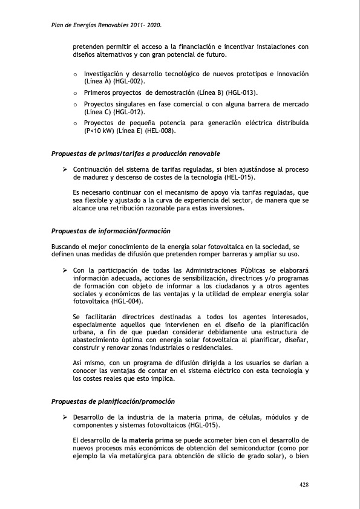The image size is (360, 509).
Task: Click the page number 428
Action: tap(304, 485)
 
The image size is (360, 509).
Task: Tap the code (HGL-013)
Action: tap(241, 92)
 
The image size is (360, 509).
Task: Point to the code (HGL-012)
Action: tap(131, 112)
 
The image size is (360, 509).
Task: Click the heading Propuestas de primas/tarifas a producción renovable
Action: tap(136, 154)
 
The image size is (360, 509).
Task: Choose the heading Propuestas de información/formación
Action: tap(111, 231)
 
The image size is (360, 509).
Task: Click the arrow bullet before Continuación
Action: tap(64, 169)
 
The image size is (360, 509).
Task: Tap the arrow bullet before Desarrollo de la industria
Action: tap(64, 417)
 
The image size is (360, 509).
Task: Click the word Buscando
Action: tap(67, 247)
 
